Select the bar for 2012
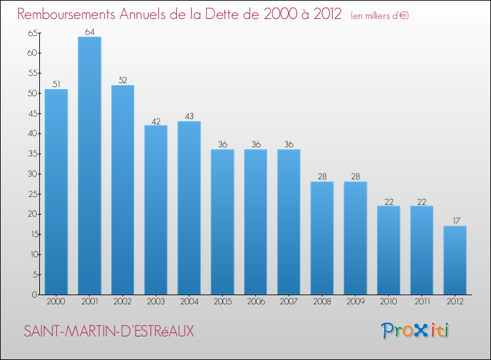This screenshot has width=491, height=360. click(455, 261)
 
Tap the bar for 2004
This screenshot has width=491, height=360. click(189, 208)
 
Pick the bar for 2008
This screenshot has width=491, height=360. click(322, 238)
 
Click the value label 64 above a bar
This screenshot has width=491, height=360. click(89, 32)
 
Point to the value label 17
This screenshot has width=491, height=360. click(455, 221)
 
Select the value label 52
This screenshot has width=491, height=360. click(122, 81)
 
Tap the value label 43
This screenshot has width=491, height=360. click(189, 117)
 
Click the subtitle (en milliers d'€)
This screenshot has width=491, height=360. click(380, 15)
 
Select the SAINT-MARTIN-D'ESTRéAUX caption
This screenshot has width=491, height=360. click(109, 331)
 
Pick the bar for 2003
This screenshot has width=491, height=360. click(156, 210)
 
